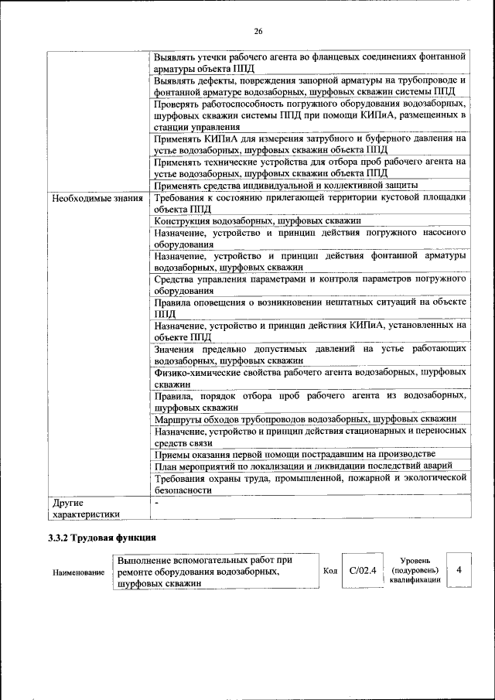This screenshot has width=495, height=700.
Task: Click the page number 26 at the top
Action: pos(258,31)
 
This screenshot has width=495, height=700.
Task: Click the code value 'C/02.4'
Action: pos(362,571)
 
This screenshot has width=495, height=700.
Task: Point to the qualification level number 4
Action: pos(459,570)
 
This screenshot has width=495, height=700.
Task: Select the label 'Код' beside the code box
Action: pos(330,572)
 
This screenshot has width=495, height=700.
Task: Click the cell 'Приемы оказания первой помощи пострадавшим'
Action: pos(294,453)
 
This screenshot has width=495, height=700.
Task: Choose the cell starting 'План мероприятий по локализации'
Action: pos(308,465)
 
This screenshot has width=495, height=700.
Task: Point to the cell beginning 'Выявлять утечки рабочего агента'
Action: pos(309,62)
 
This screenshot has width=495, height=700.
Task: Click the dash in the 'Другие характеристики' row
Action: pos(156,504)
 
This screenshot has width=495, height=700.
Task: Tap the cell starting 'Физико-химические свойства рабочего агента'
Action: pos(309,377)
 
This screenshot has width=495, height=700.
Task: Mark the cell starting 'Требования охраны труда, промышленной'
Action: pos(309,483)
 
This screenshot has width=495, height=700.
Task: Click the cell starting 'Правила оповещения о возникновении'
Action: pos(309,309)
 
